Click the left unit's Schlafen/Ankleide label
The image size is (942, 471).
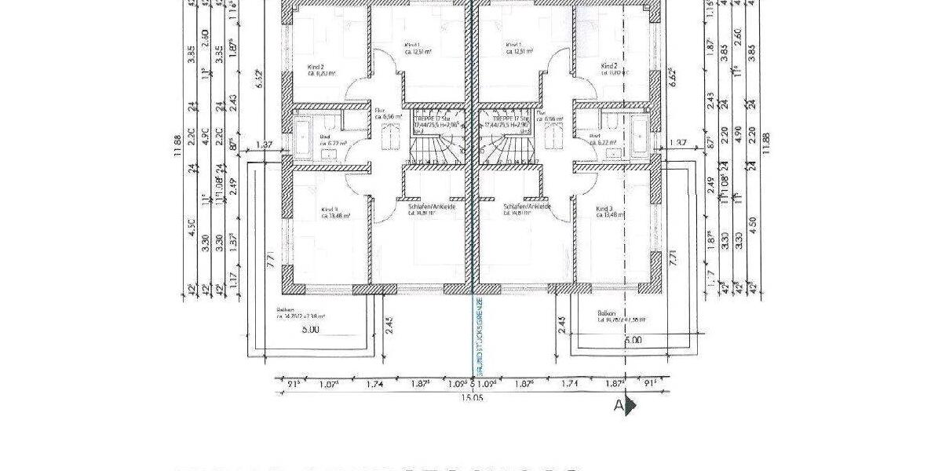tap(432, 206)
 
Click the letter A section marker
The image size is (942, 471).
tap(619, 406)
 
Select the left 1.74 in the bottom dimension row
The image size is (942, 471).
tap(374, 385)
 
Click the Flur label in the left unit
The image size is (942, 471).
tap(378, 111)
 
